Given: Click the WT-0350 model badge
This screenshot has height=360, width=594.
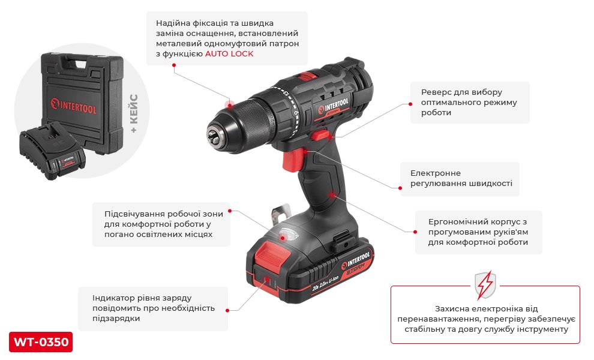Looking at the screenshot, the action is (x=41, y=342).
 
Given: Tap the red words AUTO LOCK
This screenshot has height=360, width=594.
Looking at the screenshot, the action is (x=229, y=54).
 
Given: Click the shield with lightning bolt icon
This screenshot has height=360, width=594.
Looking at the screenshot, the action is (x=485, y=285).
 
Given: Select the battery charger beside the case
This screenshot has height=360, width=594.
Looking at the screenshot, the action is (x=52, y=151).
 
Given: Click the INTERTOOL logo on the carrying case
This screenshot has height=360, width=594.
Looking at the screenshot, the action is (x=74, y=106).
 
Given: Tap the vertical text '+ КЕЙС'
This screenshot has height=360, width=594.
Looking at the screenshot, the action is (x=134, y=113).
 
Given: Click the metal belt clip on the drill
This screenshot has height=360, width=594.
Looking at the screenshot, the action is (x=280, y=214).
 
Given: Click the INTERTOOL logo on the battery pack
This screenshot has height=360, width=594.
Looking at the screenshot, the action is (x=355, y=260).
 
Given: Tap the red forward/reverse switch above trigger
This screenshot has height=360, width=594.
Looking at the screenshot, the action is (x=321, y=135).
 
